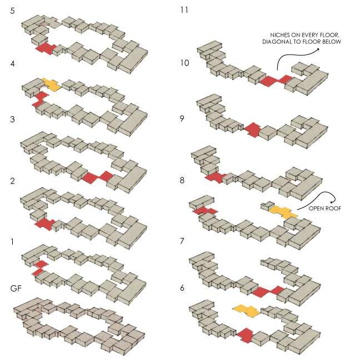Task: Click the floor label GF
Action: pos(16,288)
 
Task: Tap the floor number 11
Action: pos(184,10)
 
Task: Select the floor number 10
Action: pos(184,63)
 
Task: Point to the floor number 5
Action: pos(12,11)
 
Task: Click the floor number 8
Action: pos(182,180)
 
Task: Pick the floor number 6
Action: pos(182,288)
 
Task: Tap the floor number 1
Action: pos(12,241)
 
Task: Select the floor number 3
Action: pos(12,119)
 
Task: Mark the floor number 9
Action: pos(182,118)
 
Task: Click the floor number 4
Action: pos(12,63)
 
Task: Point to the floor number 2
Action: pos(12,181)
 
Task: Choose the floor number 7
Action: pos(182,241)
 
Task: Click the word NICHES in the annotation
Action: pos(279,35)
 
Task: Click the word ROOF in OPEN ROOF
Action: pos(334,209)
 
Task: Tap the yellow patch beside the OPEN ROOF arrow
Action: pos(283,212)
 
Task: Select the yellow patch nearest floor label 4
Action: pos(52,85)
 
